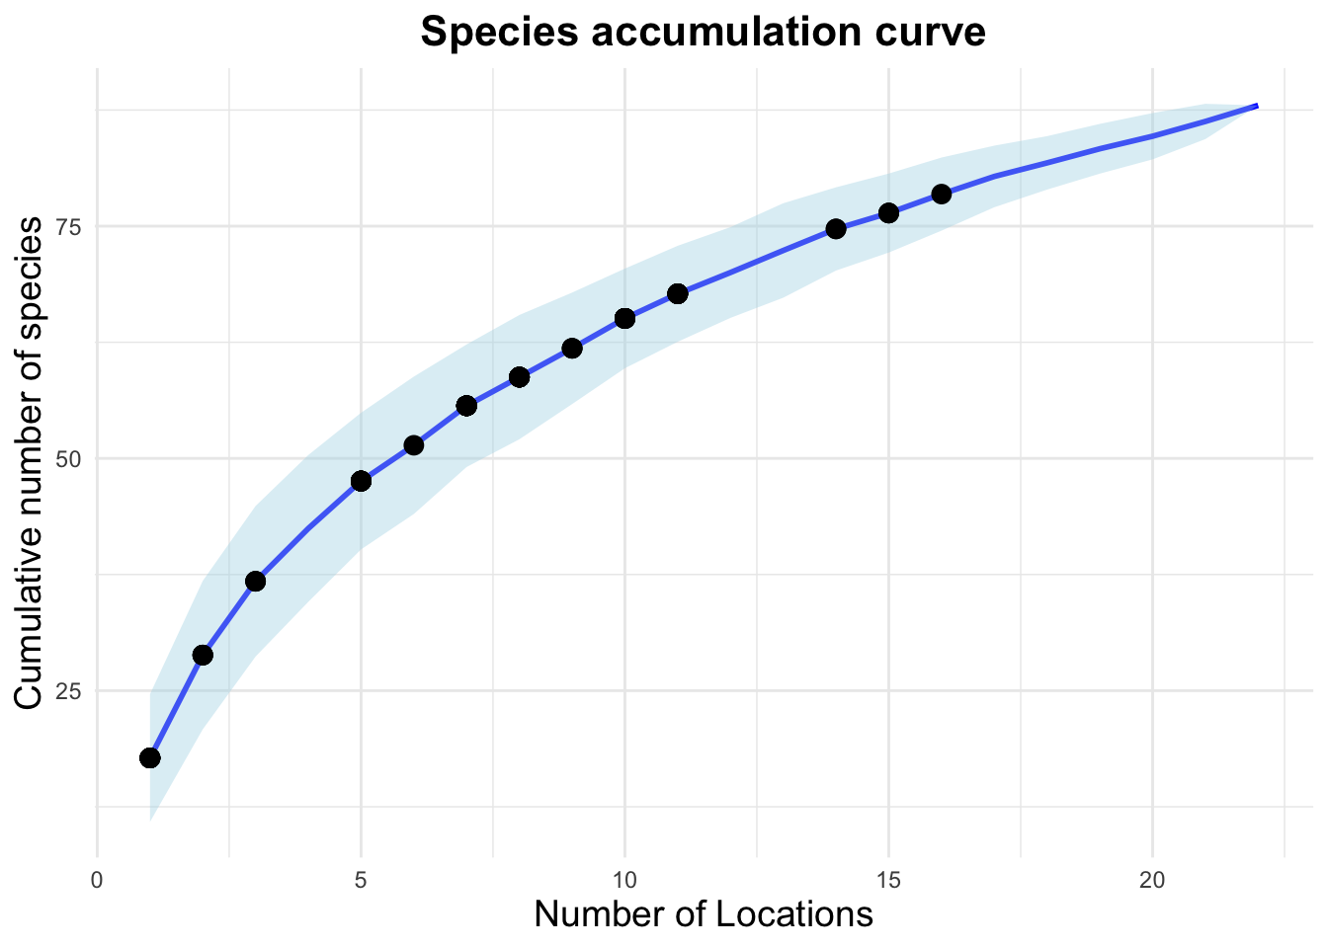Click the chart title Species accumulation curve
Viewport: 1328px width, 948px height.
(x=703, y=33)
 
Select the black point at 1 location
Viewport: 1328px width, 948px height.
(x=150, y=757)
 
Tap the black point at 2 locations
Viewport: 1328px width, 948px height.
(x=203, y=655)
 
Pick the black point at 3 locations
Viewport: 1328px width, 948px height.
(x=255, y=581)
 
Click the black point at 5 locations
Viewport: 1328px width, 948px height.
(x=361, y=481)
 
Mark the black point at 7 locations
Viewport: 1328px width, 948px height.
(x=466, y=406)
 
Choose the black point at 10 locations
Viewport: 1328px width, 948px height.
(x=624, y=318)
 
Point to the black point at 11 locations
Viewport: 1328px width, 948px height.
(x=678, y=293)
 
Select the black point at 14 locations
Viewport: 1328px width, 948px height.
(x=836, y=229)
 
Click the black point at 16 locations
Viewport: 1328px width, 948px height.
(x=941, y=194)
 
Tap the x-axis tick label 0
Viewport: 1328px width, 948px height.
(x=97, y=879)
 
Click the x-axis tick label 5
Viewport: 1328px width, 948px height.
(x=361, y=879)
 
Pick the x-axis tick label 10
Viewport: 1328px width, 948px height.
(x=624, y=879)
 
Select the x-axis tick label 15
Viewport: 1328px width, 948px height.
(x=888, y=879)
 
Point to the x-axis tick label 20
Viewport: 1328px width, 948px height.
(x=1152, y=879)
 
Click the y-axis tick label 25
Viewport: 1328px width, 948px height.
(x=66, y=691)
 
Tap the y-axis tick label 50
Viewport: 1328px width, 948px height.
(x=66, y=459)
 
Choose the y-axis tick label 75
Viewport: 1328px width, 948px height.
(x=66, y=226)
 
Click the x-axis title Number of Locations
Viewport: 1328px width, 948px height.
(x=703, y=914)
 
